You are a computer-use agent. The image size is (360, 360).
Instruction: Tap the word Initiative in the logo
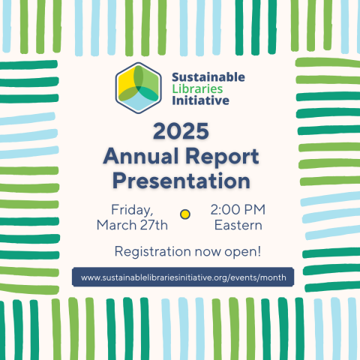coord(199,101)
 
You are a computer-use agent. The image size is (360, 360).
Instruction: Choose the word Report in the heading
coord(222,157)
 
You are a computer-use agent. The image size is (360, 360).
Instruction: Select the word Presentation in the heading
coord(180,181)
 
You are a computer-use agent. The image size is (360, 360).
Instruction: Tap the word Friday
coord(132,208)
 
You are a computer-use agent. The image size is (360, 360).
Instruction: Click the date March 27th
coord(132,224)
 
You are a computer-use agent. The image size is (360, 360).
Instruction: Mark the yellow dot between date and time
coord(185,214)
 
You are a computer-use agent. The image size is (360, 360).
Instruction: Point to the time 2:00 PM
coord(238,208)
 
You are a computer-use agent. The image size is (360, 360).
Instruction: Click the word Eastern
coord(238,224)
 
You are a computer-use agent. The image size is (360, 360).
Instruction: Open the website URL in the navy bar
coord(182,277)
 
